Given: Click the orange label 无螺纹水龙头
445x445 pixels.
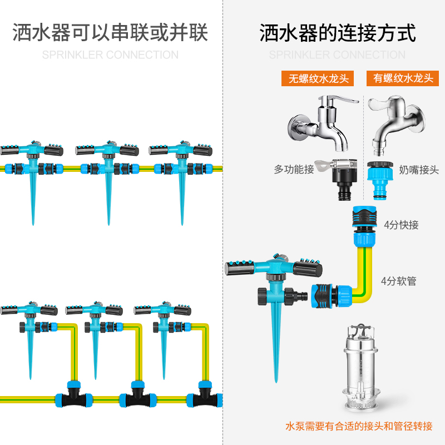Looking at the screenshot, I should click(x=318, y=78).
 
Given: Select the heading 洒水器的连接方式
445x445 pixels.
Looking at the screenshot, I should click(x=337, y=33).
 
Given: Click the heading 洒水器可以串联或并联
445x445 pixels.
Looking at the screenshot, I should click(x=110, y=33).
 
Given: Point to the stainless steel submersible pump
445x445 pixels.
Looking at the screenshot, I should click(x=363, y=367).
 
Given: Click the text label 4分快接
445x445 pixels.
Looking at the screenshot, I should click(x=401, y=225).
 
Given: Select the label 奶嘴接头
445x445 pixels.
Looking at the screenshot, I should click(x=418, y=170).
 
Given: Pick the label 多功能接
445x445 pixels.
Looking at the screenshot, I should click(x=294, y=170).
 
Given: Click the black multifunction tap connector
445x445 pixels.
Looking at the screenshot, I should click(x=345, y=179).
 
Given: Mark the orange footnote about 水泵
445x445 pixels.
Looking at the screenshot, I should click(x=358, y=427).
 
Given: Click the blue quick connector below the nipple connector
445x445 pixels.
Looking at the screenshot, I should click(x=364, y=227).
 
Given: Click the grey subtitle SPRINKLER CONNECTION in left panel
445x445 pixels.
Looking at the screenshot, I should click(x=110, y=55).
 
